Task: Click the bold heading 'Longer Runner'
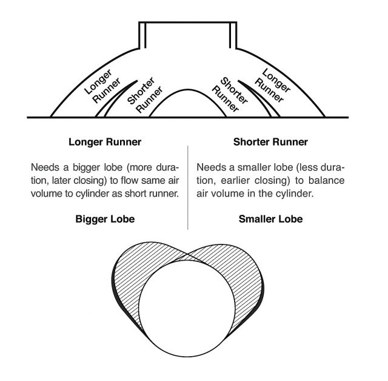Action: click(105, 142)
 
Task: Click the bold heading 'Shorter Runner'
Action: click(270, 142)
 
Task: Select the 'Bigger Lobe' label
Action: click(105, 219)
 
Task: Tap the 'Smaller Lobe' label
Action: click(270, 219)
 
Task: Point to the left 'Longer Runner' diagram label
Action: click(102, 86)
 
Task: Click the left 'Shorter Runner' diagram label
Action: click(145, 95)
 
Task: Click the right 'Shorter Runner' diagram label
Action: click(230, 94)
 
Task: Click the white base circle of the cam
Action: click(187, 308)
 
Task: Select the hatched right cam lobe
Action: click(245, 277)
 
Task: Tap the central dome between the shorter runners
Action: click(188, 90)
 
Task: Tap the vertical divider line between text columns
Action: click(188, 187)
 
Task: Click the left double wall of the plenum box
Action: click(142, 35)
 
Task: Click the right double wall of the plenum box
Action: click(233, 35)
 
